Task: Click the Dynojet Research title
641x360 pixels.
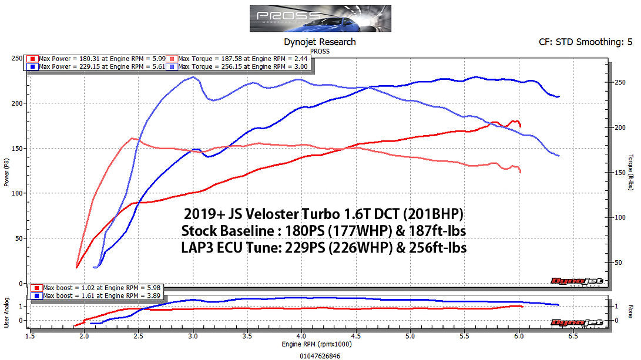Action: click(x=320, y=42)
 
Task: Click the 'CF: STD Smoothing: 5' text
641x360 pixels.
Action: click(x=586, y=42)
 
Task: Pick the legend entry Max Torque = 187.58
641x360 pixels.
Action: click(x=240, y=59)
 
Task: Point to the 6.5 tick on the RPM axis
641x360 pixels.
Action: click(x=573, y=336)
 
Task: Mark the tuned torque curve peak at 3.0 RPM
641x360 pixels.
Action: click(x=193, y=77)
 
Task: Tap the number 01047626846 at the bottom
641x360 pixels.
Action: click(x=320, y=355)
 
